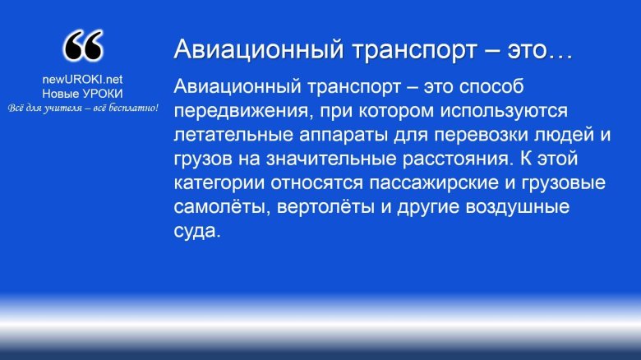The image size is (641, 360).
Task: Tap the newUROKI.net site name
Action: pyautogui.click(x=82, y=80)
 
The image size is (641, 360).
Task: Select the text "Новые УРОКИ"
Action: pyautogui.click(x=82, y=94)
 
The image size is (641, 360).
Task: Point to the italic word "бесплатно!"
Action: pyautogui.click(x=132, y=108)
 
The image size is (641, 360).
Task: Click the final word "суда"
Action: pyautogui.click(x=197, y=230)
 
